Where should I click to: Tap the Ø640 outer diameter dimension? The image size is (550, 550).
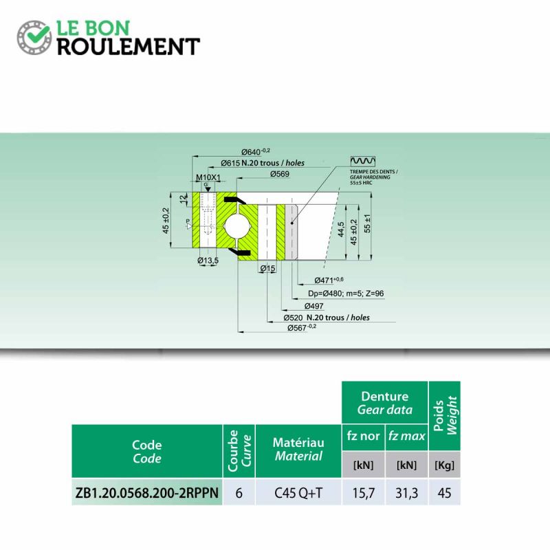[x=255, y=151]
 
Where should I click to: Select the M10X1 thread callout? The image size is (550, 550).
[x=207, y=178]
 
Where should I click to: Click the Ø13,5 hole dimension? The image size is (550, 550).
[x=208, y=261]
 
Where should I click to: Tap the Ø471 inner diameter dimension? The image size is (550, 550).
[x=328, y=280]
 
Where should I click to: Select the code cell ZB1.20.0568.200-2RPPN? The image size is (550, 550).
[x=146, y=492]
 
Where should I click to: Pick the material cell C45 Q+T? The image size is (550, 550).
[x=297, y=492]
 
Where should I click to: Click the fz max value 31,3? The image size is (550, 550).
[x=406, y=492]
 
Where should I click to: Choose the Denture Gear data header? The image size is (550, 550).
[x=384, y=403]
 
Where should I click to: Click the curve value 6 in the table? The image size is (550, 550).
[x=238, y=492]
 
